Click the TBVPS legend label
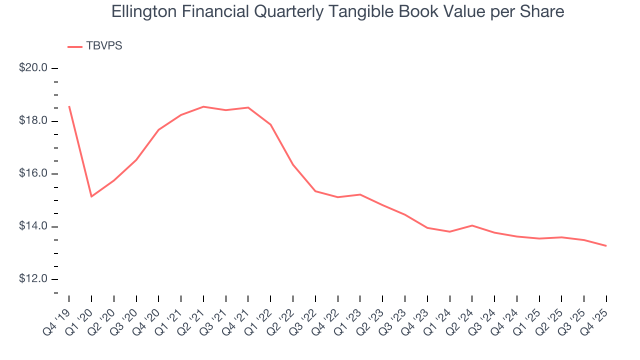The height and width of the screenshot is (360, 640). (x=104, y=46)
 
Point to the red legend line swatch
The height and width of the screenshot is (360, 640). (x=75, y=46)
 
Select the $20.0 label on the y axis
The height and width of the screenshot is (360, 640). (x=33, y=68)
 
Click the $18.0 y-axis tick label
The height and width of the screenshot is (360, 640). (x=33, y=121)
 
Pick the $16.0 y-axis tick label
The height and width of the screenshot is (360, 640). (x=33, y=173)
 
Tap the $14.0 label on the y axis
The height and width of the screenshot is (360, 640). (x=33, y=226)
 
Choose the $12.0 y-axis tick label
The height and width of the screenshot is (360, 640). (x=33, y=279)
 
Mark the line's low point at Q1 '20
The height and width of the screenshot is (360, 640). (x=91, y=196)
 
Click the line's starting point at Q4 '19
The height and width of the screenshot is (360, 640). (x=69, y=106)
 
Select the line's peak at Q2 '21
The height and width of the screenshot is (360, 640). (x=203, y=106)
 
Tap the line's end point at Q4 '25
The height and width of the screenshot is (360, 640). (x=606, y=245)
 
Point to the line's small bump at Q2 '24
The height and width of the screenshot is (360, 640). (x=472, y=225)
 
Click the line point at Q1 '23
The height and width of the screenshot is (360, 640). (x=360, y=194)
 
